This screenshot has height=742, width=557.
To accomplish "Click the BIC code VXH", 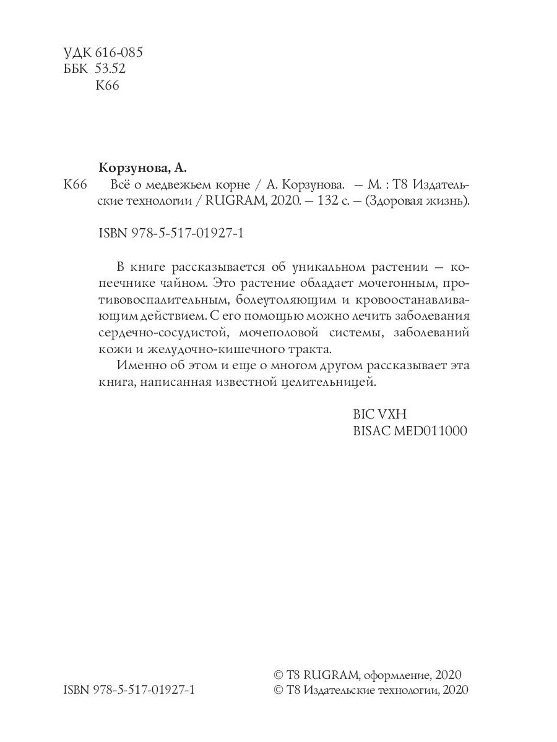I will [392, 414].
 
